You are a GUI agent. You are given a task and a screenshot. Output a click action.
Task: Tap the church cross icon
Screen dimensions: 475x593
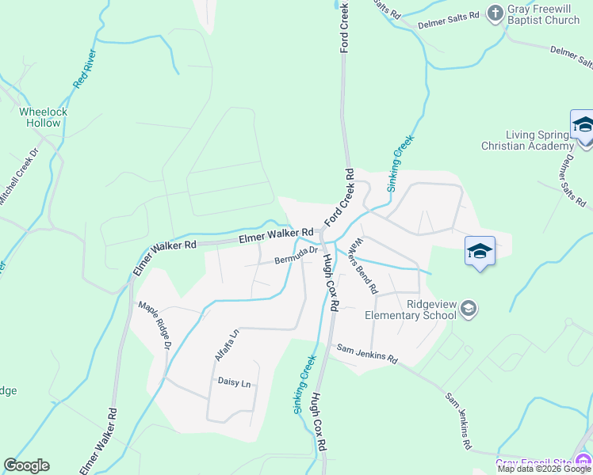tap(495, 13)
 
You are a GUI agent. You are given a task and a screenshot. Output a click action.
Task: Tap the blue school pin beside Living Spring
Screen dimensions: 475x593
tap(583, 127)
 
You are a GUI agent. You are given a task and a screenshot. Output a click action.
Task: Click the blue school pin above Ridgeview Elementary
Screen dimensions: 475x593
tap(480, 251)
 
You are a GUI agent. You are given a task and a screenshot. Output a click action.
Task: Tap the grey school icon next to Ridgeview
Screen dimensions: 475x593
tap(469, 308)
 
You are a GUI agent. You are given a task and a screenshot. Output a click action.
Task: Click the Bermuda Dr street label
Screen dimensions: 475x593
tap(296, 255)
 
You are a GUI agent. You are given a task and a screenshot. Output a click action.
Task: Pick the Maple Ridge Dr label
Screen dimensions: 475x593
tap(155, 324)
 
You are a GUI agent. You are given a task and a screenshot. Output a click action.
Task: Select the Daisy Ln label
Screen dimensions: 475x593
tap(234, 383)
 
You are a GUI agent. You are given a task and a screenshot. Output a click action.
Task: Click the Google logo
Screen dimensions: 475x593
tap(26, 465)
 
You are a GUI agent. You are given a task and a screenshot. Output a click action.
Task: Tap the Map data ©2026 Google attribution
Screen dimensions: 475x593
tap(544, 469)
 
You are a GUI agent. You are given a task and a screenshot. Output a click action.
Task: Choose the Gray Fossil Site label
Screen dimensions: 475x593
tap(533, 463)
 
